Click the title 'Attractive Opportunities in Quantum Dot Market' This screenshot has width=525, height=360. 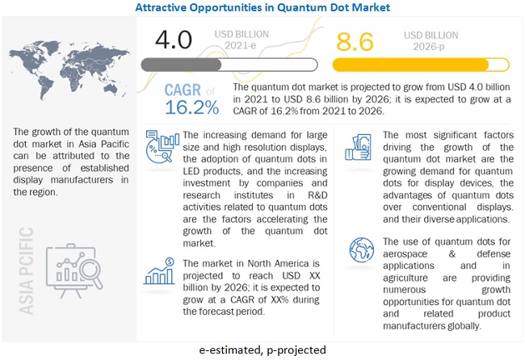(x=262, y=7)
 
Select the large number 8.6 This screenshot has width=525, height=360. (x=355, y=40)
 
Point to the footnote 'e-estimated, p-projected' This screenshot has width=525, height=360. (x=262, y=350)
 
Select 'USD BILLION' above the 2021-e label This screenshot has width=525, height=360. (x=241, y=34)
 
